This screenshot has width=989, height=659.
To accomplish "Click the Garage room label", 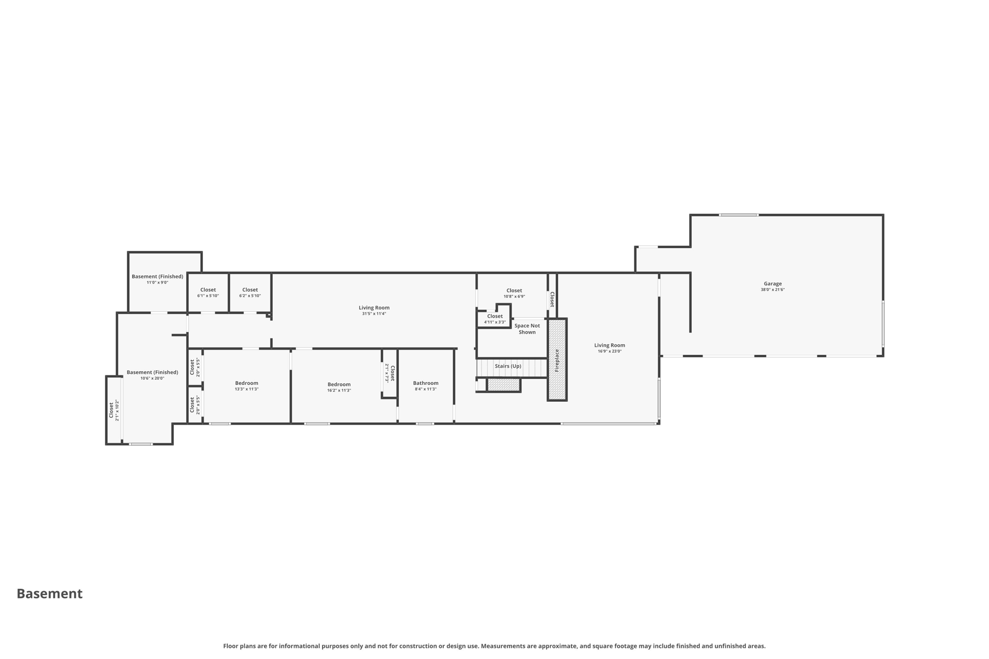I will click(x=772, y=284).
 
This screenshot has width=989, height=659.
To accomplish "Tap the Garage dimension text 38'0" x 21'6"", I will click(x=772, y=290).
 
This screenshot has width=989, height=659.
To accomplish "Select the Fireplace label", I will click(x=557, y=360).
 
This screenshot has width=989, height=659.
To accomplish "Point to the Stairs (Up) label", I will click(x=508, y=366).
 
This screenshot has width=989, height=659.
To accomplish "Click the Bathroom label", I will click(x=425, y=383).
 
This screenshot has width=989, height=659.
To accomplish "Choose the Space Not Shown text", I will click(x=527, y=329).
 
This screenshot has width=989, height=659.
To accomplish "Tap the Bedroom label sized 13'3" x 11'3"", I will click(x=246, y=383).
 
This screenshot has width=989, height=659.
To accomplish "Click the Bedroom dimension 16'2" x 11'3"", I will click(x=339, y=391).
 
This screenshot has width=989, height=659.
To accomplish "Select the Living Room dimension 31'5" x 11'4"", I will click(x=374, y=314).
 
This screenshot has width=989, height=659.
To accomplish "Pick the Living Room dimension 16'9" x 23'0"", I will click(x=609, y=351).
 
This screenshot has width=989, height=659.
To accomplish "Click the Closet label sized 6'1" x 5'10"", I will click(x=208, y=290).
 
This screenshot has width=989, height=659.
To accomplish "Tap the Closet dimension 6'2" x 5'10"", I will click(x=250, y=296).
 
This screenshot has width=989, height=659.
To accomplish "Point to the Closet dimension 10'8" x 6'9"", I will click(x=514, y=297).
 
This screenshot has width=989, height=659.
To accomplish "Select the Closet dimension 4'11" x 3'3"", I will click(x=494, y=322).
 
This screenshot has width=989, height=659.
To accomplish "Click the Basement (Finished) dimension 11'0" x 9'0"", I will click(x=157, y=283).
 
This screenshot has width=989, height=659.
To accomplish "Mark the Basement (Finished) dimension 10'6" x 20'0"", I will click(x=152, y=379).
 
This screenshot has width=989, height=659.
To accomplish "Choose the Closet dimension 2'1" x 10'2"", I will click(x=117, y=410).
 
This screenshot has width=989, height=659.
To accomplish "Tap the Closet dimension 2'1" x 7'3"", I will click(x=387, y=373).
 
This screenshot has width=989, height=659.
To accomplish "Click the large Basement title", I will click(x=50, y=594).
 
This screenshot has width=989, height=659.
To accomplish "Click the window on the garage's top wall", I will click(x=738, y=215).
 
